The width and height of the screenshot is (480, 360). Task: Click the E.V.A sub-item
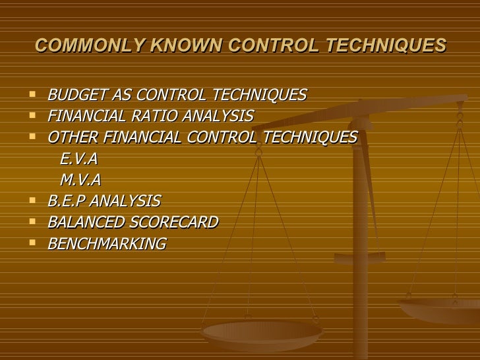click(79, 159)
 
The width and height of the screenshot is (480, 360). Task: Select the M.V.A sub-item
click(80, 180)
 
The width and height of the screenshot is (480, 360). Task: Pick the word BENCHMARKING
click(107, 243)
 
